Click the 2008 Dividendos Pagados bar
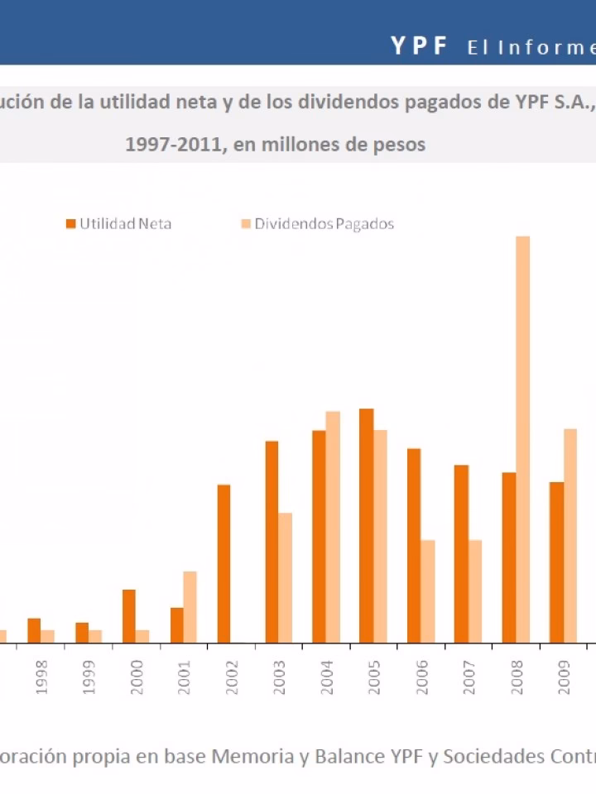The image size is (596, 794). point(522,439)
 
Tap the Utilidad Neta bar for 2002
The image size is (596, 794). point(223,563)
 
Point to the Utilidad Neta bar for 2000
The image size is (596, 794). point(129,615)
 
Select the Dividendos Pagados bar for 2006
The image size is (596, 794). point(427,591)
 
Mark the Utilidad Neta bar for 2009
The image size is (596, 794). point(556,562)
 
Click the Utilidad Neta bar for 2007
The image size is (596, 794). point(461,553)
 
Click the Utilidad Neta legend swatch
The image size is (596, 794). point(71,223)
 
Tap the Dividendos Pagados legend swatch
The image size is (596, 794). point(246,223)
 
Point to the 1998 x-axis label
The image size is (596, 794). point(41,676)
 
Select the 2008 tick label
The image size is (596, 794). point(517,676)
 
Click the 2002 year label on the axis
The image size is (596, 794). point(232,676)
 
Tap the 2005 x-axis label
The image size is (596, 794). point(374,676)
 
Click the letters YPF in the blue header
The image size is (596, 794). point(419,46)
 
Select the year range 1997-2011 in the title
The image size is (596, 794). point(175,144)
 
